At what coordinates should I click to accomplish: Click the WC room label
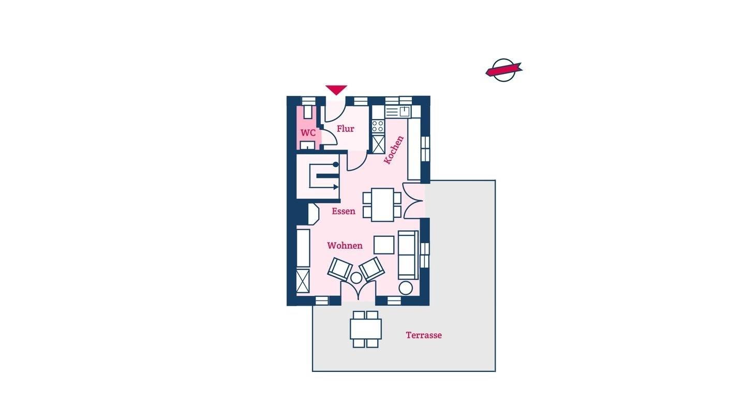pyautogui.click(x=308, y=133)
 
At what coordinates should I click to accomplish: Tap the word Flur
pyautogui.click(x=345, y=129)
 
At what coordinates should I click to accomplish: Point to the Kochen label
pyautogui.click(x=394, y=150)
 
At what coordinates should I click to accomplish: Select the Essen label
pyautogui.click(x=344, y=211)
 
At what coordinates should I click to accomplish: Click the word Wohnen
pyautogui.click(x=345, y=246)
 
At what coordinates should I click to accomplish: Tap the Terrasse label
pyautogui.click(x=424, y=335)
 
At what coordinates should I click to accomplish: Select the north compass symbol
pyautogui.click(x=504, y=70)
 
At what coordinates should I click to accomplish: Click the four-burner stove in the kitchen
pyautogui.click(x=378, y=126)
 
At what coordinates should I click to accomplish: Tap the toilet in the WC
pyautogui.click(x=308, y=112)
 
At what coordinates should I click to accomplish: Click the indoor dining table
pyautogui.click(x=382, y=205)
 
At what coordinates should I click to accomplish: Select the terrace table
pyautogui.click(x=365, y=329)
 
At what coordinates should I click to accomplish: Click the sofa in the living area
pyautogui.click(x=408, y=255)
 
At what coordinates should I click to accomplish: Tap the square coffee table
pyautogui.click(x=384, y=245)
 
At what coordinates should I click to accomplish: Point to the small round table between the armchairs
pyautogui.click(x=356, y=278)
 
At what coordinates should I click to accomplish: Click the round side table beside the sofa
pyautogui.click(x=406, y=288)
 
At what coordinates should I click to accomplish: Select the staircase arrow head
pyautogui.click(x=336, y=187)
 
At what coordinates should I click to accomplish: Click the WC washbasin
pyautogui.click(x=308, y=145)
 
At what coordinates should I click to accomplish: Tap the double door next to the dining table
pyautogui.click(x=413, y=201)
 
